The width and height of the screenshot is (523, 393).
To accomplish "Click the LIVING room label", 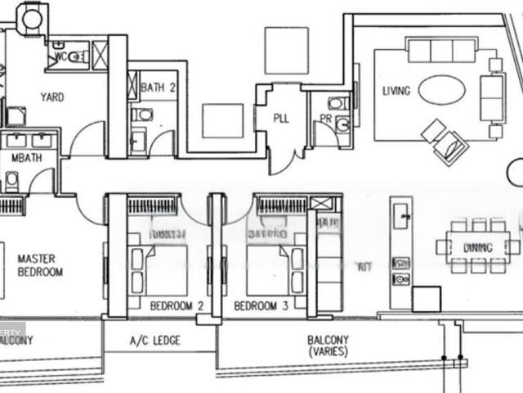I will [x=396, y=89].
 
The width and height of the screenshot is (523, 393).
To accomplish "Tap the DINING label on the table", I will [x=478, y=247].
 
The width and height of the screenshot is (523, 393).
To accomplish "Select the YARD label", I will [x=52, y=97].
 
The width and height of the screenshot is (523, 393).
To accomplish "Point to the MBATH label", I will [x=26, y=156].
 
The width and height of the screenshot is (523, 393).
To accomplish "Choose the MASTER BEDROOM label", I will [x=40, y=264].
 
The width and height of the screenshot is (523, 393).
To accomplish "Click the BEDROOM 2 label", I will [x=177, y=306].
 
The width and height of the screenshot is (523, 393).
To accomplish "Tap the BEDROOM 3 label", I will [x=260, y=306].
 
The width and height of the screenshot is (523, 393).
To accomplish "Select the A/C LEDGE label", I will [x=155, y=341].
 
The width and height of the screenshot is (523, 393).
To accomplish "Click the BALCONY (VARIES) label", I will [x=328, y=345].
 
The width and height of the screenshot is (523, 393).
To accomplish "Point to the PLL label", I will [x=281, y=118].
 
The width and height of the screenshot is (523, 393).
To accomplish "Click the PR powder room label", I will [x=325, y=118].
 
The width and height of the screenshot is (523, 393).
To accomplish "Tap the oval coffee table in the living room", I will [x=443, y=91].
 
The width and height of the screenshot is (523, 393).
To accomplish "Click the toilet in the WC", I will [x=76, y=57].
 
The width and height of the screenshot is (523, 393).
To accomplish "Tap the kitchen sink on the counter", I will [x=400, y=218].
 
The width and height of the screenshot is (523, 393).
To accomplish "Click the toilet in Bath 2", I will [x=141, y=115].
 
